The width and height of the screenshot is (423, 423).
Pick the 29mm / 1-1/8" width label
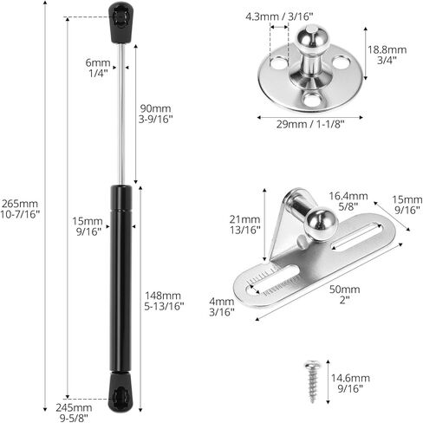(x=310, y=125)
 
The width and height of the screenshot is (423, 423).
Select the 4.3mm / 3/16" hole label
(x=279, y=16)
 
